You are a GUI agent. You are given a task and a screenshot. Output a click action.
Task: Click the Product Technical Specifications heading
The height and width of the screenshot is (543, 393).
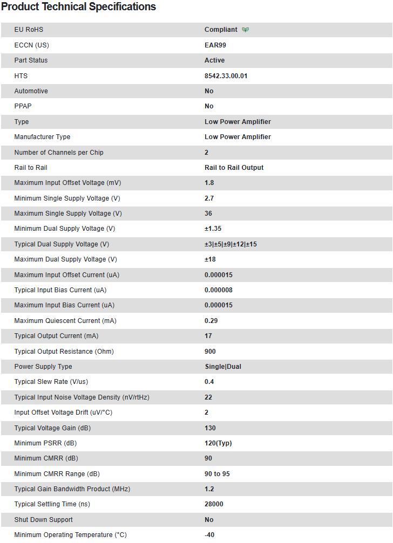[79, 7]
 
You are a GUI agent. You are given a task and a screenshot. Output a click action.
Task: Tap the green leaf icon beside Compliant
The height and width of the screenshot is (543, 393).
[246, 30]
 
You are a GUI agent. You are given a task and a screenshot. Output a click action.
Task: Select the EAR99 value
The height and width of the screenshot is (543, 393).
[215, 45]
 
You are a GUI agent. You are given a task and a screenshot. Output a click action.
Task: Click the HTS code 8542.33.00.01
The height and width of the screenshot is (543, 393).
[226, 76]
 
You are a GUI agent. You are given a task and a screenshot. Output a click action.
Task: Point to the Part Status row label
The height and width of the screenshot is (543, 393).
[31, 60]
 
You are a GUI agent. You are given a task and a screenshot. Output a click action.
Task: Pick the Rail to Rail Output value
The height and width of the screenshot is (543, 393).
[234, 168]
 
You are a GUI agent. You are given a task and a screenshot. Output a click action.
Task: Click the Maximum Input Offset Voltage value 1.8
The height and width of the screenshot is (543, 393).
[209, 183]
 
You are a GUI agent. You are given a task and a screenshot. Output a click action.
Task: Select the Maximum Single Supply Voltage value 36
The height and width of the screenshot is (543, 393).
[208, 214]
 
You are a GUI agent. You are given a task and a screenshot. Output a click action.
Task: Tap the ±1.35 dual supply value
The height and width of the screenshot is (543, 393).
[213, 229]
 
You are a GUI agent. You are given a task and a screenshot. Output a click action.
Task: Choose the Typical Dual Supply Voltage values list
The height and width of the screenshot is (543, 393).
[231, 244]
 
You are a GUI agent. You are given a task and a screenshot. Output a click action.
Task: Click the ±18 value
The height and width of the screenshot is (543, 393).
[210, 259]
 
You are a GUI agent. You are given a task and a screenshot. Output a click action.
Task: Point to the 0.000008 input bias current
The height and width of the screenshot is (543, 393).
[219, 290]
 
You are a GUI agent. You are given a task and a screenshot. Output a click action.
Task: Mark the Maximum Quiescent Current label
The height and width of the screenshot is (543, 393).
[65, 321]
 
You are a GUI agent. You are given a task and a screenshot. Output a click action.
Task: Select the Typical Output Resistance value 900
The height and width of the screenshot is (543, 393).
[210, 352]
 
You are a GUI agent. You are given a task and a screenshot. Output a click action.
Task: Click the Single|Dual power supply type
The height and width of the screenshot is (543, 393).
[222, 367]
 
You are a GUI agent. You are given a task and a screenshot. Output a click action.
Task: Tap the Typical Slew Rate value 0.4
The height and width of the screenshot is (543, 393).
[209, 382]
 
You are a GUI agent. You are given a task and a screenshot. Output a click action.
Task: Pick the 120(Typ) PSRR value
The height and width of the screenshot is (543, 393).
[218, 443]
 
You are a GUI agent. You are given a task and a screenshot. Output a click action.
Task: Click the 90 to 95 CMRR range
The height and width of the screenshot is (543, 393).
[217, 474]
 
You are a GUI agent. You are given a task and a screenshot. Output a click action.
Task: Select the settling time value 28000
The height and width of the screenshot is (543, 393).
[214, 504]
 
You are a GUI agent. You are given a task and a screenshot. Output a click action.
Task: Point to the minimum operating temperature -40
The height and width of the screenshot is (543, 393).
[209, 535]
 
